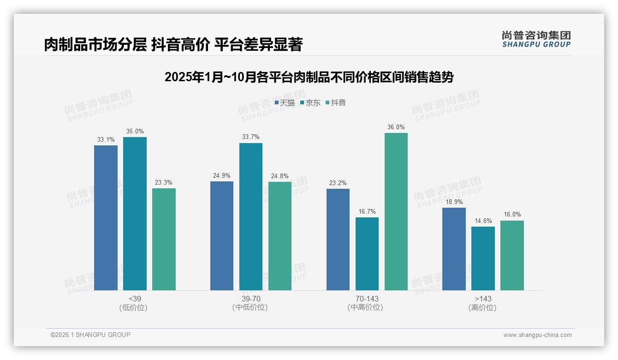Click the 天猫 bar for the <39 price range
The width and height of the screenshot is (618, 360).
(106, 218)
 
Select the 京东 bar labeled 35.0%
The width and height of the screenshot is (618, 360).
(135, 214)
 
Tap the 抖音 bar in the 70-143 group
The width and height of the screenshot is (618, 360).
(396, 211)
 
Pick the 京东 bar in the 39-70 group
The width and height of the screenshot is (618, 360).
(250, 216)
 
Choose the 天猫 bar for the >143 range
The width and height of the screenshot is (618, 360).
(454, 249)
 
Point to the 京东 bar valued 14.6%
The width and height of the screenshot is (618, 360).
(483, 258)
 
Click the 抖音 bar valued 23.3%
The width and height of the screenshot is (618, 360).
(164, 239)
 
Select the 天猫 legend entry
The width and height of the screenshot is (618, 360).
(285, 103)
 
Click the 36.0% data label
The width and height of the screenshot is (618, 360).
(396, 127)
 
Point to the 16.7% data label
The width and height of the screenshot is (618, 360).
(367, 212)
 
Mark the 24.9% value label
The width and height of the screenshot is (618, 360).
(222, 176)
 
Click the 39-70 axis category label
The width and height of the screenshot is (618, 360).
(250, 299)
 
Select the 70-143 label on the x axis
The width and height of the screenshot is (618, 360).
(367, 299)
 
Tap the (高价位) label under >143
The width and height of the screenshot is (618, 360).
(482, 308)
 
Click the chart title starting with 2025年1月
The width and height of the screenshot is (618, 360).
(309, 77)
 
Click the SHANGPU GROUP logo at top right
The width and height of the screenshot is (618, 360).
(536, 39)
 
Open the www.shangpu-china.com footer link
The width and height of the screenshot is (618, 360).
(537, 335)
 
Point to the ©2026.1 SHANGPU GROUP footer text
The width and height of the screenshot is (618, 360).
(90, 335)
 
